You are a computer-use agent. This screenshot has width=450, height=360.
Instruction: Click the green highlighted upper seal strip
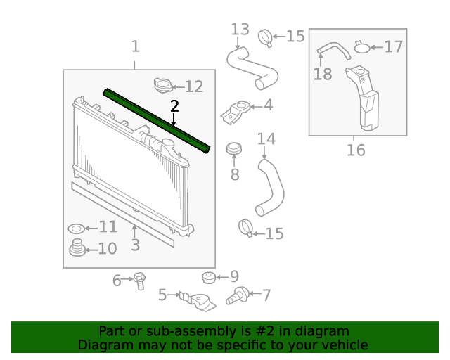click(156, 119)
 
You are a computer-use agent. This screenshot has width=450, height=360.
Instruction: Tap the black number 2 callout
click(174, 106)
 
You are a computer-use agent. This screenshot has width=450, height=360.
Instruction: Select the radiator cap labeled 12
click(163, 86)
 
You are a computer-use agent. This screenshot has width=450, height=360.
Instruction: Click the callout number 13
click(240, 29)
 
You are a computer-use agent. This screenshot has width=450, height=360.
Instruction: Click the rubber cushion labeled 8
click(234, 150)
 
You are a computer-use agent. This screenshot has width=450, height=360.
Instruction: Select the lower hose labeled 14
click(270, 186)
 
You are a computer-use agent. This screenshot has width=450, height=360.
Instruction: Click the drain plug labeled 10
click(77, 248)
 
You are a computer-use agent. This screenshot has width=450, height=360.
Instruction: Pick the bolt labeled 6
click(139, 280)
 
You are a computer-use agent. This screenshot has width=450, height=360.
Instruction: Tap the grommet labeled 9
click(209, 276)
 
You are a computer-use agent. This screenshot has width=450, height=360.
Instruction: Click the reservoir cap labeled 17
click(362, 48)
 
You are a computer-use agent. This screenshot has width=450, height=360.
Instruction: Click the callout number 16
click(356, 150)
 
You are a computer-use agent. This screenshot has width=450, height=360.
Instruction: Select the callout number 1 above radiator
click(135, 47)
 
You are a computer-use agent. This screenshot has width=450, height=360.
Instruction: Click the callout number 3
click(135, 245)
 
